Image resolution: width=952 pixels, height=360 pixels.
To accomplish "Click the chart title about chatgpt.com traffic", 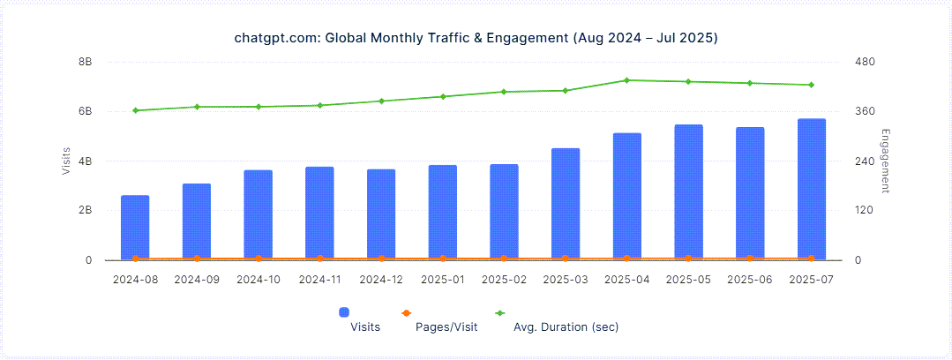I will [476, 39].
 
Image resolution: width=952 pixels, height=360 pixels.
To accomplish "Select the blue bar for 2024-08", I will [135, 228].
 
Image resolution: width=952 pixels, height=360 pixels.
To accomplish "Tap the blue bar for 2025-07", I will [811, 190].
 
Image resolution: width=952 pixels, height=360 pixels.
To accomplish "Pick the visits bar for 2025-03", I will [566, 205].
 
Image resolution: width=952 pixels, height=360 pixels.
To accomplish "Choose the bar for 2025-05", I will [688, 192].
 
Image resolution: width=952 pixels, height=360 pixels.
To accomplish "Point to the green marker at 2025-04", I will [626, 80].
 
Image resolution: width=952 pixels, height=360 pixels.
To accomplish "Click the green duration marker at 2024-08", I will [135, 110].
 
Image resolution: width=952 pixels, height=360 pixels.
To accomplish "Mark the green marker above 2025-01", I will [443, 96].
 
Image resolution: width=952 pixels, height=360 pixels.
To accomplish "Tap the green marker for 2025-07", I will [811, 85].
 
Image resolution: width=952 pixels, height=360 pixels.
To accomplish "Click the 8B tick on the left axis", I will [85, 62].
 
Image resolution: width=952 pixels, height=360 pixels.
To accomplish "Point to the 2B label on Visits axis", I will [85, 211].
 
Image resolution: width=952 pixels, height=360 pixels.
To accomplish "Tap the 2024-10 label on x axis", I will [259, 280].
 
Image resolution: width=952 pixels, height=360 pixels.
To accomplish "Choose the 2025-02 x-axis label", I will [504, 280].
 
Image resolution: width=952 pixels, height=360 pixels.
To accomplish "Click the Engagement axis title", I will [885, 161].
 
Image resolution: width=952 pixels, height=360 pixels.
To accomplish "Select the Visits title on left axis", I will [66, 161].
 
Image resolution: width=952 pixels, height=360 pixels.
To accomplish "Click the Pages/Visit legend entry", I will [446, 326].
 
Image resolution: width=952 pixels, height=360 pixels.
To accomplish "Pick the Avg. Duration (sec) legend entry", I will [566, 326].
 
